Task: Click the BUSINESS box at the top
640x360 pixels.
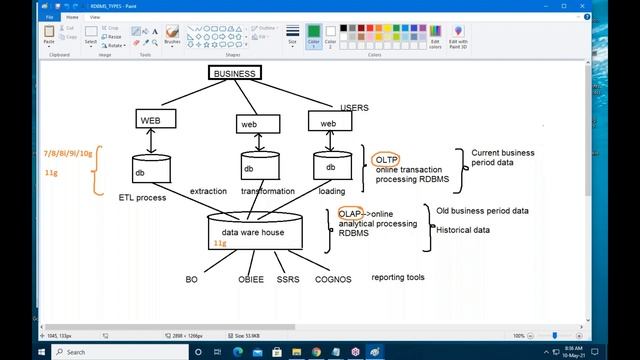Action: click(x=235, y=73)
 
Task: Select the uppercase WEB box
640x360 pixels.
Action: click(x=150, y=120)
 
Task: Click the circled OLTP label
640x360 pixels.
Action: click(x=386, y=160)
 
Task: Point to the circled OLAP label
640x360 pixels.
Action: click(x=350, y=214)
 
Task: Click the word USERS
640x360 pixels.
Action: click(x=355, y=107)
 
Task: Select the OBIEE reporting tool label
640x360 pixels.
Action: click(x=250, y=280)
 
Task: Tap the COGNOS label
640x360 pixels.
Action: click(x=333, y=280)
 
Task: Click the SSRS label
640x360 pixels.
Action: click(x=288, y=280)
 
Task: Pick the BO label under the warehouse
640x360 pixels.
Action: click(x=192, y=280)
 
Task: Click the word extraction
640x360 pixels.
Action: click(x=208, y=191)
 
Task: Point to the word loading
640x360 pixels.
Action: click(x=333, y=191)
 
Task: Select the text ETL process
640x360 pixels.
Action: click(x=142, y=198)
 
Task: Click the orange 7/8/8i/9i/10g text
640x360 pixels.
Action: click(x=68, y=153)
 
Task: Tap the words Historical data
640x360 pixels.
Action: click(x=463, y=230)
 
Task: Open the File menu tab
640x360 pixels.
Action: click(x=49, y=17)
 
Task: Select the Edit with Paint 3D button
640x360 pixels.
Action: click(x=458, y=37)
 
